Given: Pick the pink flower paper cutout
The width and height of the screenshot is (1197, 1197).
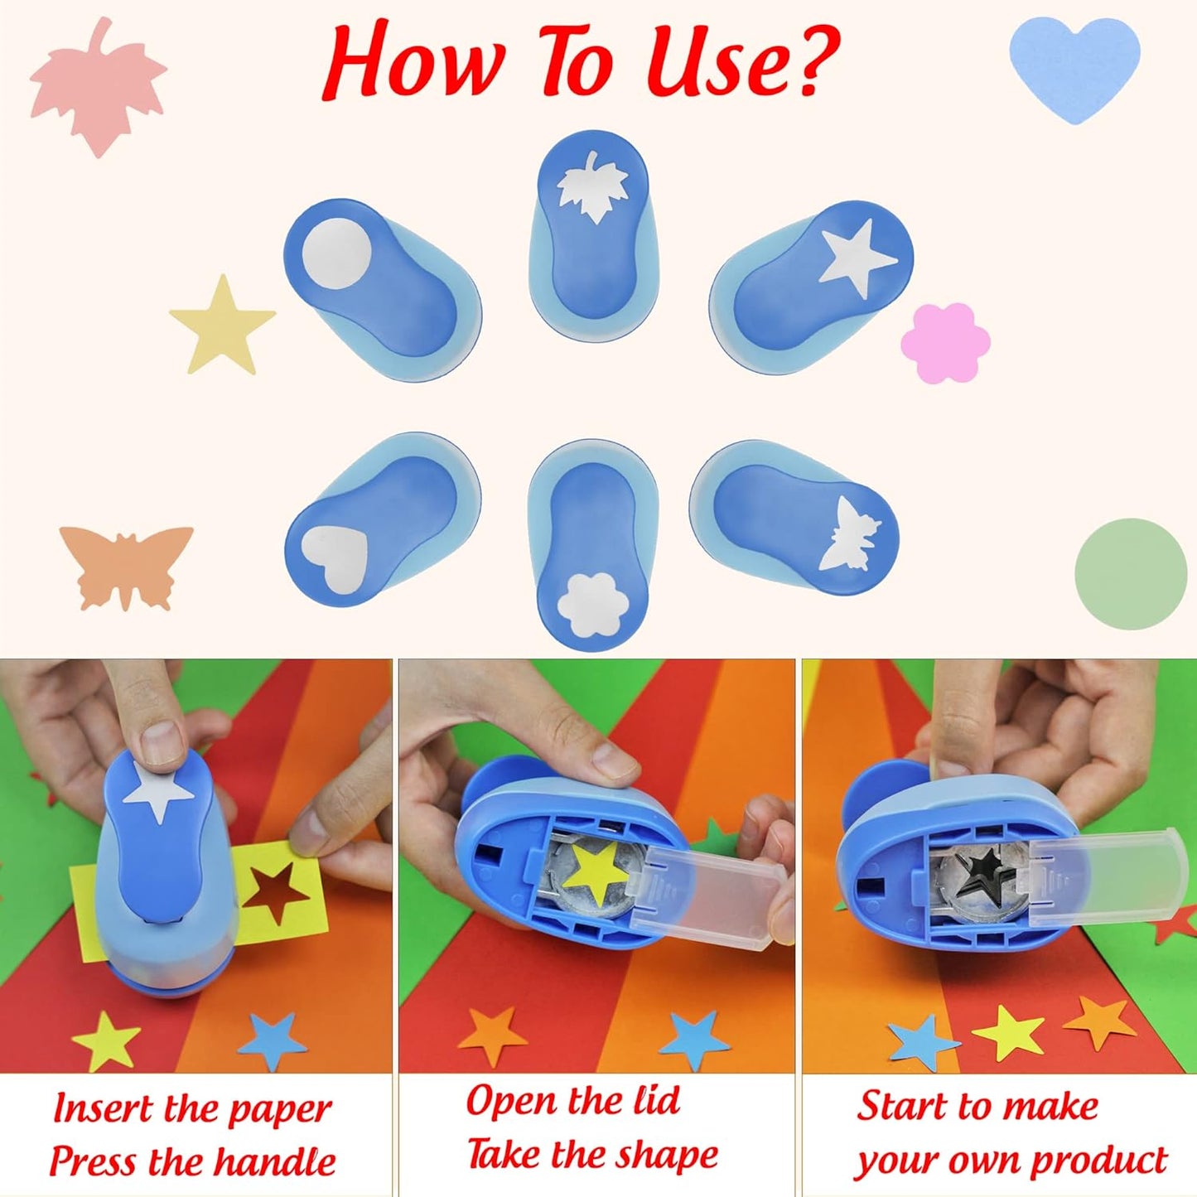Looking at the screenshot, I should [946, 342].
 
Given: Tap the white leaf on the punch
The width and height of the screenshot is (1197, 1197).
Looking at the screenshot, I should [593, 186].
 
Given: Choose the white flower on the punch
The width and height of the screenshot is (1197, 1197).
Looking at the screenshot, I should [589, 604].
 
